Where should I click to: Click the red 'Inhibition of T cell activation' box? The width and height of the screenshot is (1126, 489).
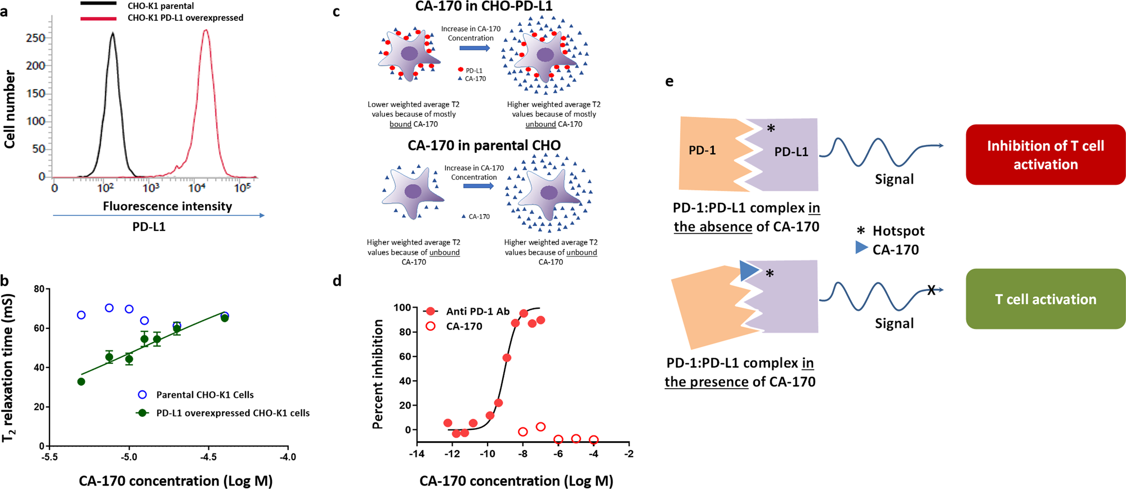[1045, 155]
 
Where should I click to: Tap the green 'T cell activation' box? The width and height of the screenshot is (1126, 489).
[1045, 299]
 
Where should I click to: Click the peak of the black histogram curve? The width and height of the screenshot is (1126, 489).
[113, 34]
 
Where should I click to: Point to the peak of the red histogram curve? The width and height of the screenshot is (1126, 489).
[205, 31]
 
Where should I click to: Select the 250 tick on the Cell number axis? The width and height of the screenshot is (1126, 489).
[36, 38]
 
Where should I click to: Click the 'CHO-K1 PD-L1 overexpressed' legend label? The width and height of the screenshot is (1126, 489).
[185, 18]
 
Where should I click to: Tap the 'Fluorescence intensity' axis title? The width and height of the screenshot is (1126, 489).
[167, 206]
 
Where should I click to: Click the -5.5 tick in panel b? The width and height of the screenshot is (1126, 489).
[50, 457]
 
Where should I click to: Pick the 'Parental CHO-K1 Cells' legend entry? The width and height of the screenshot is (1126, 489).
[205, 395]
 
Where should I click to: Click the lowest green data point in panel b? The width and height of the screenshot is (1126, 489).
[81, 382]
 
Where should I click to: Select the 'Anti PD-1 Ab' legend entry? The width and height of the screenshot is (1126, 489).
[477, 312]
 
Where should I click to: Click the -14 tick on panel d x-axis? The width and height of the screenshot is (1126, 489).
[417, 454]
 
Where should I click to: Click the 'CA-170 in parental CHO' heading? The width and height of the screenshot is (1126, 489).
[484, 145]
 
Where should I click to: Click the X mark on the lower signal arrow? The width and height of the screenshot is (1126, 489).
[931, 290]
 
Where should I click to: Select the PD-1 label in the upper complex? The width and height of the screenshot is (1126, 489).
[702, 150]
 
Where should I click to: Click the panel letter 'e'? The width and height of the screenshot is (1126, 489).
[669, 82]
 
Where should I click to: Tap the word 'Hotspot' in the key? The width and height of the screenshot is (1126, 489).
[899, 231]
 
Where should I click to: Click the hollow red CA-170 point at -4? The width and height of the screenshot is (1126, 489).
[593, 440]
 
